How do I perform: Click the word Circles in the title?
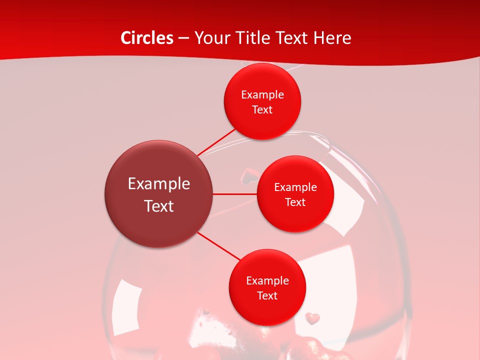[146, 38]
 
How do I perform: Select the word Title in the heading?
[254, 38]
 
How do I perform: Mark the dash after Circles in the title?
[183, 38]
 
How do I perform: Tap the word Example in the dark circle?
[159, 184]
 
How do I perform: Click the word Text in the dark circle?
[159, 206]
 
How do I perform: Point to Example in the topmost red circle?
[262, 94]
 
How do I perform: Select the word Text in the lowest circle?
[267, 295]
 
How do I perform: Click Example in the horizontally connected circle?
[295, 187]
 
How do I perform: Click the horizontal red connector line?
[235, 194]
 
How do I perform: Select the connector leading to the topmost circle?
[216, 142]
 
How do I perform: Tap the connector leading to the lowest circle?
[219, 246]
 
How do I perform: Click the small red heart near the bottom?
[312, 317]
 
